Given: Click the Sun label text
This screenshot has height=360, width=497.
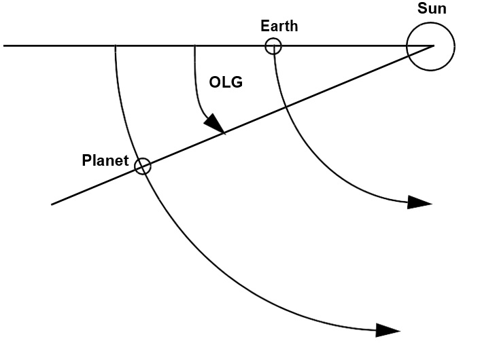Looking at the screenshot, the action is pyautogui.click(x=432, y=8).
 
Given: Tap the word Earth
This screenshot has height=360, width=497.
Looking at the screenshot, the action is pyautogui.click(x=279, y=26).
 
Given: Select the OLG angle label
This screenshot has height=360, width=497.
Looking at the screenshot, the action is pyautogui.click(x=226, y=82).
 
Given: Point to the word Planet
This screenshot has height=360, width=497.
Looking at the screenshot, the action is pyautogui.click(x=105, y=160).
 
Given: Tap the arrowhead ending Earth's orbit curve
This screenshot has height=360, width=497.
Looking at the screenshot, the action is pyautogui.click(x=419, y=202).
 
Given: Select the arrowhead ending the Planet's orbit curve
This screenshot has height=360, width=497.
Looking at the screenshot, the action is pyautogui.click(x=388, y=330).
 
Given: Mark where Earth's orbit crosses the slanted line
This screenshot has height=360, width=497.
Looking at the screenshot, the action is pyautogui.click(x=286, y=108).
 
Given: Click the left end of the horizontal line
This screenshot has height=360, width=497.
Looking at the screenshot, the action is pyautogui.click(x=3, y=46).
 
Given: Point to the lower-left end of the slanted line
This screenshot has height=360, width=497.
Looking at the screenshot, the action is pyautogui.click(x=52, y=204).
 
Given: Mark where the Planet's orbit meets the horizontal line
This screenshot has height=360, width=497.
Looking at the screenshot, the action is pyautogui.click(x=115, y=46).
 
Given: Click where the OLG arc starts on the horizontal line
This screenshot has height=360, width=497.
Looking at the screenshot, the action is pyautogui.click(x=194, y=46).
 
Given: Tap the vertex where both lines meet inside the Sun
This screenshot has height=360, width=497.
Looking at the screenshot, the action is pyautogui.click(x=434, y=46).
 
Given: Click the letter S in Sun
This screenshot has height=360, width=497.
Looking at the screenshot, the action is pyautogui.click(x=422, y=8).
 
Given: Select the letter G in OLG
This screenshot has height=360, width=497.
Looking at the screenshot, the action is pyautogui.click(x=237, y=82).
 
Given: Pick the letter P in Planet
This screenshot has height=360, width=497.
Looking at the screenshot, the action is pyautogui.click(x=86, y=160).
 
